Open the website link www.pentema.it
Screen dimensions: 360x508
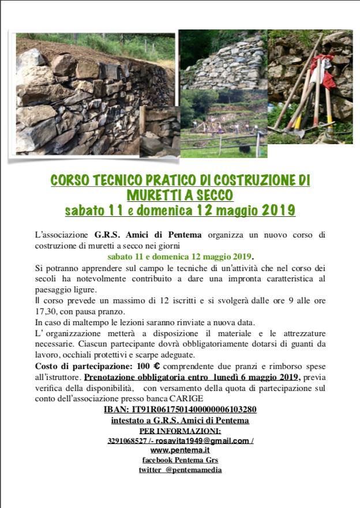[179, 450]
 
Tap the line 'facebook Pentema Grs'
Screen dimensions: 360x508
[180, 460]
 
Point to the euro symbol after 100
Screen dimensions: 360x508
[155, 366]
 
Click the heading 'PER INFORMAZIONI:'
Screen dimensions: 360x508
[180, 431]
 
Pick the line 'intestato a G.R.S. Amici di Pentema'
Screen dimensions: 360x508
[180, 420]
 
